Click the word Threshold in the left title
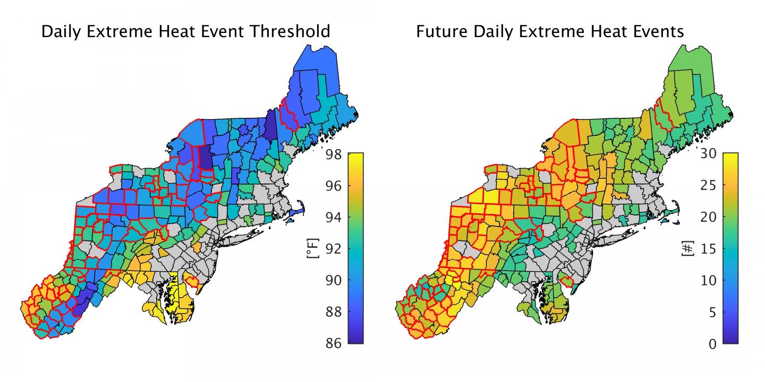287,31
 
